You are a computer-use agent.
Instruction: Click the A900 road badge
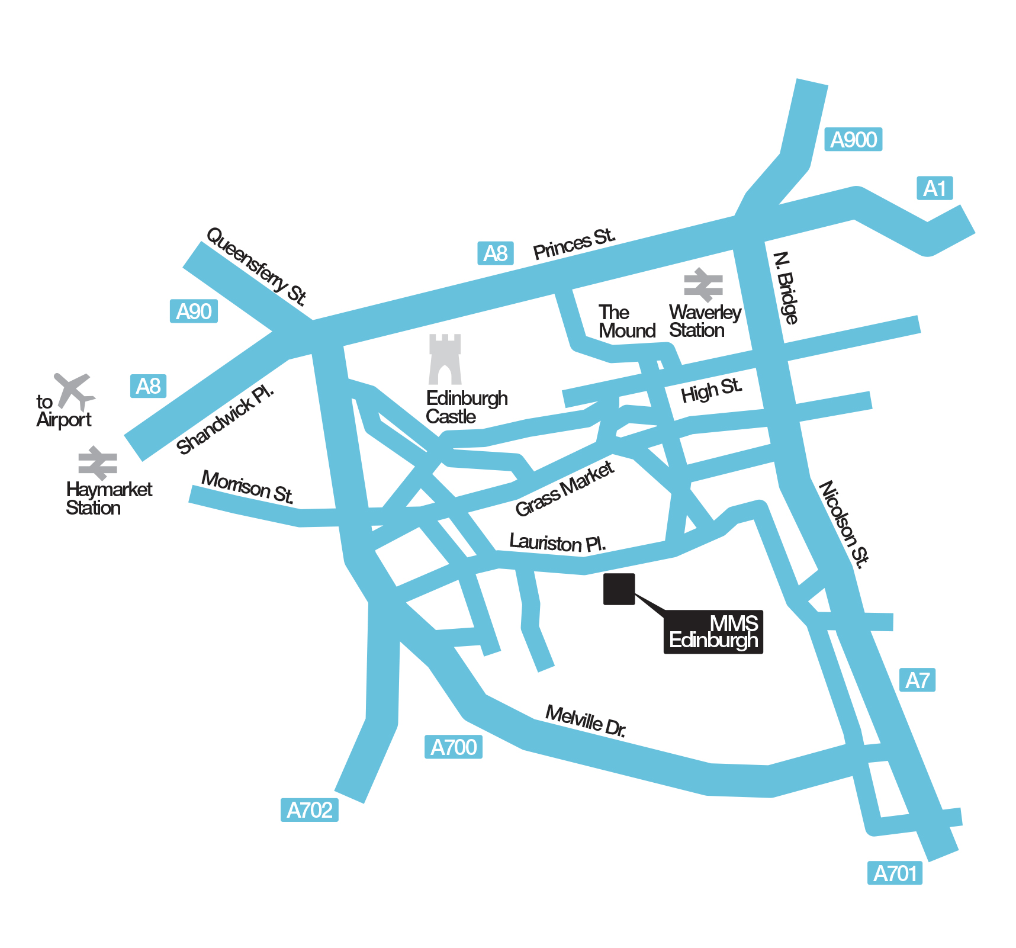853,140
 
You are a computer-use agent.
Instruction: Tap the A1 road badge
934,188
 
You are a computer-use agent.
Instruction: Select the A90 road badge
194,311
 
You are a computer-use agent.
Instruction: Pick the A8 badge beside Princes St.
495,253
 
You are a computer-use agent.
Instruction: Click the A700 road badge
454,747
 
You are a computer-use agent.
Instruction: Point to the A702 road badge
309,810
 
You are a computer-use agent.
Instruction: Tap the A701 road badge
895,873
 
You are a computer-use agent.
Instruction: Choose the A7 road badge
917,680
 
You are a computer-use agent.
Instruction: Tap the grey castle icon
445,359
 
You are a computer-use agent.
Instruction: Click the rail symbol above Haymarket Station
98,463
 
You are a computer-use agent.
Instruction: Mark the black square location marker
619,589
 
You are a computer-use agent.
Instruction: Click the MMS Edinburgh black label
713,632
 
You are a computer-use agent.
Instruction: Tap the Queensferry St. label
256,267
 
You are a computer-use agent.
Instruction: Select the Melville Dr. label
586,721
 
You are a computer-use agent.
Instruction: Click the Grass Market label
564,489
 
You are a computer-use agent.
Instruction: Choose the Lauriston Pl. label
557,543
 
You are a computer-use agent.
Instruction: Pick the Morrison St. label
247,487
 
